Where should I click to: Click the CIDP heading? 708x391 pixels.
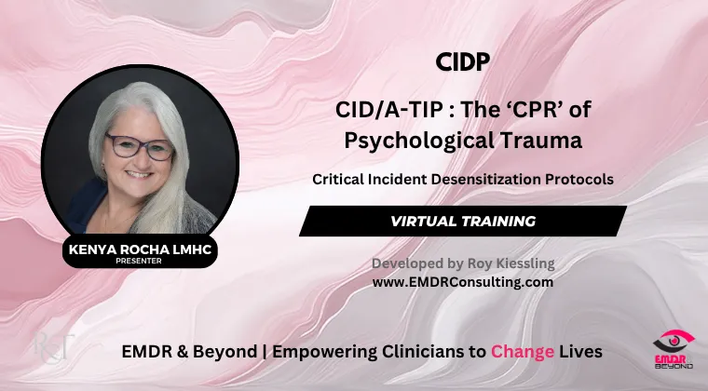(463, 62)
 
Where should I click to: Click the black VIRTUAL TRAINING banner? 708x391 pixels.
(463, 221)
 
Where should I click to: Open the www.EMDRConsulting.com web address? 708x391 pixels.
(463, 282)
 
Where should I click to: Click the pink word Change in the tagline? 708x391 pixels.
(523, 351)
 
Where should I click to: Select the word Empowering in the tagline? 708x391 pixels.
(324, 352)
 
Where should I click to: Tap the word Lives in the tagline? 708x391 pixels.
(580, 351)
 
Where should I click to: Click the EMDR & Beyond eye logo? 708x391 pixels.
(674, 349)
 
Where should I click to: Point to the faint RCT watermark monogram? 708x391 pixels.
(53, 347)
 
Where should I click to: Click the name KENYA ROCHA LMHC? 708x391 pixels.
(140, 249)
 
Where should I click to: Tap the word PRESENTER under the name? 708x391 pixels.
(139, 261)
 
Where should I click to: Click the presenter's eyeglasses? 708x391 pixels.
(140, 147)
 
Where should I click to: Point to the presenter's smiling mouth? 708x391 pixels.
(138, 174)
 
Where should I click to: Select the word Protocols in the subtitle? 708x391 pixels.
(579, 180)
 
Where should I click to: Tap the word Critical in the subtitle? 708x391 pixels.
(338, 180)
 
